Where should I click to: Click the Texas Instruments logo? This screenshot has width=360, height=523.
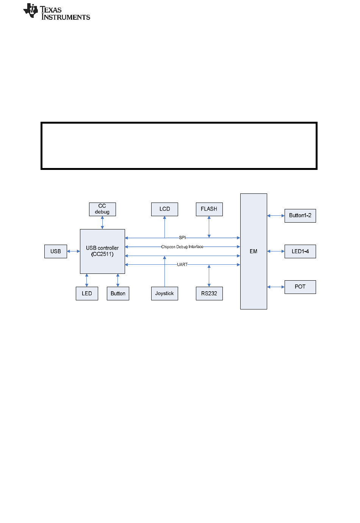[56, 12]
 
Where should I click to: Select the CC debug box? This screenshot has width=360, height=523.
[102, 209]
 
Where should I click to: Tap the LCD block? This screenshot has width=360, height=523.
[164, 209]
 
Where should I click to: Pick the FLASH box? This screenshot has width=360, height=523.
[209, 209]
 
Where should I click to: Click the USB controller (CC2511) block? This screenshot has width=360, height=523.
[102, 251]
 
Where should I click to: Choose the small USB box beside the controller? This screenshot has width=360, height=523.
[56, 251]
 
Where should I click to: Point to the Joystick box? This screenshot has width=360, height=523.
[164, 293]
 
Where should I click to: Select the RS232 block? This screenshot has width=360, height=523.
[209, 293]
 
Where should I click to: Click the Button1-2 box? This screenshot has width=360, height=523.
[300, 215]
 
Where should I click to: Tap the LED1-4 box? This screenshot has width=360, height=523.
[300, 251]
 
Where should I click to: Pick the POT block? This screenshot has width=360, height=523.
[300, 287]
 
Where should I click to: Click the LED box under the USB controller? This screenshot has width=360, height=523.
[87, 293]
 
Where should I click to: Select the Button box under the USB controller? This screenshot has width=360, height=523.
[118, 293]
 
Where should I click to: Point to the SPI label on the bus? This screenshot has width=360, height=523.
[182, 237]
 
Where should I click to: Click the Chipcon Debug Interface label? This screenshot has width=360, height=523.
[182, 247]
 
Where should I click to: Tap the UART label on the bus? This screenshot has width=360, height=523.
[182, 264]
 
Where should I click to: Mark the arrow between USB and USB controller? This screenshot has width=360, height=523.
[74, 251]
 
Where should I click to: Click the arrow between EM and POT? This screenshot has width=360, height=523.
[276, 287]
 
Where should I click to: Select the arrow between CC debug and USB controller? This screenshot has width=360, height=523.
[102, 223]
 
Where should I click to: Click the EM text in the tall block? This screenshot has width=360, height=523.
[254, 251]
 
